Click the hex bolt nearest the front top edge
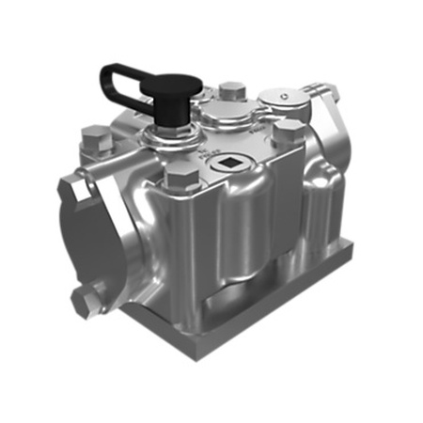(180, 176)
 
